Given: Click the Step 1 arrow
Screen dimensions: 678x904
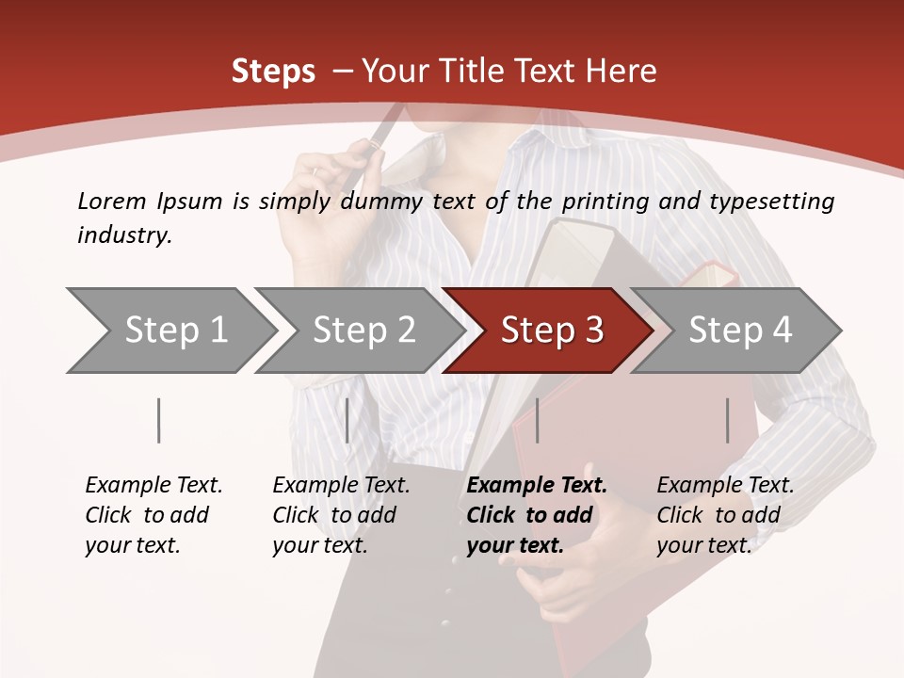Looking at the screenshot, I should (x=169, y=331).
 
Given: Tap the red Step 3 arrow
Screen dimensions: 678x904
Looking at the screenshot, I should (x=548, y=331).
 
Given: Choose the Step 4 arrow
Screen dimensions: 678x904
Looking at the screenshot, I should (x=736, y=331).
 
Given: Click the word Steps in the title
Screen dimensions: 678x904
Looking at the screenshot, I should (x=273, y=72).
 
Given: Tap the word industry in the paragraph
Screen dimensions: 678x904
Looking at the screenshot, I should (x=123, y=235).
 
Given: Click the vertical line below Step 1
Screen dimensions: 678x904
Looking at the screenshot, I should (x=159, y=420).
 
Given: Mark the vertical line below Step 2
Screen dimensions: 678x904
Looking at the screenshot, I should (x=347, y=420).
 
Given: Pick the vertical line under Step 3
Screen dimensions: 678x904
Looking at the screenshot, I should (x=537, y=420).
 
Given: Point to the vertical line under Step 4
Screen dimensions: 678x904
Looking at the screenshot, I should (x=728, y=420).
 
